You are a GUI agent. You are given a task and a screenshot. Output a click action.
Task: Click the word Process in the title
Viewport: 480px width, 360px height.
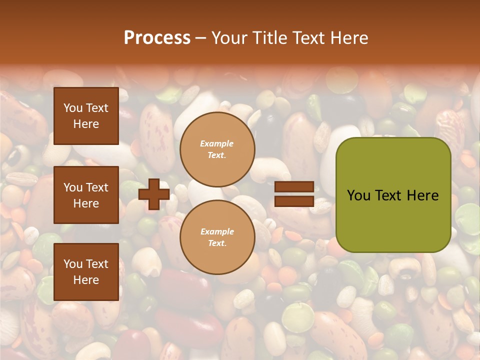coord(157,38)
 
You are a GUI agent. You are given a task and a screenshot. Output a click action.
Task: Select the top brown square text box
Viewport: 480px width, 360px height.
coord(86,116)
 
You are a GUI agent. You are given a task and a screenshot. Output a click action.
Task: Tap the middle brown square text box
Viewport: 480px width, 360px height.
coord(86,195)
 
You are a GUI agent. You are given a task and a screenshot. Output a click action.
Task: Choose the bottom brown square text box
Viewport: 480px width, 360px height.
coord(86,272)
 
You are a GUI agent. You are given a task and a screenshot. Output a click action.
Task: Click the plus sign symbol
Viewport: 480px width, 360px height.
coord(154,194)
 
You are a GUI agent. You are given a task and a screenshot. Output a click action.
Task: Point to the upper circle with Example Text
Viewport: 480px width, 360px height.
coord(217,149)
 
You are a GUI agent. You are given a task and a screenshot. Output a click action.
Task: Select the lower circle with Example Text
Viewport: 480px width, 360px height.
coord(217,237)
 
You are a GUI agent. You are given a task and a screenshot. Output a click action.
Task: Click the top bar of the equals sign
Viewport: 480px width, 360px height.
coord(294,187)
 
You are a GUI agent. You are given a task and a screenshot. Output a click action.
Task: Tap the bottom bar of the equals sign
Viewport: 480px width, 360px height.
coord(294,201)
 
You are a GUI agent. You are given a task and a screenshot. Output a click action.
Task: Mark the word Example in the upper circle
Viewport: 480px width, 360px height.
coord(217,144)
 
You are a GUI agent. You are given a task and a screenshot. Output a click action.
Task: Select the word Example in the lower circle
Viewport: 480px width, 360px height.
coord(217,232)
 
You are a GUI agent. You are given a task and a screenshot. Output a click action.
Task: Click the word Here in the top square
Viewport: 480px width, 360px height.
coord(86,124)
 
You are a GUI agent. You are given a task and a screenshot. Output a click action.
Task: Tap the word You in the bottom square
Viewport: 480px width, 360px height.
coord(73,264)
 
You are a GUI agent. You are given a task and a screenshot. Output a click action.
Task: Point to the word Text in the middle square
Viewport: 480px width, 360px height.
coord(96,187)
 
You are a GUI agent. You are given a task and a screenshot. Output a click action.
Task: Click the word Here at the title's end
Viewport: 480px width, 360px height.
coord(348,38)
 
